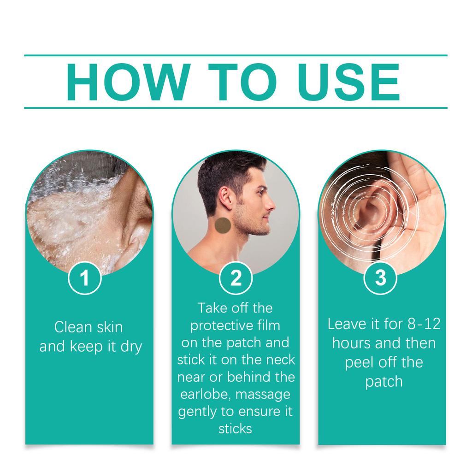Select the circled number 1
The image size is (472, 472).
pos(85,278)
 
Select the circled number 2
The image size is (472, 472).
pos(236,278)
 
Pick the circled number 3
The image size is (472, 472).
pos(380,278)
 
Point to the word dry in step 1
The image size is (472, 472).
pos(131,347)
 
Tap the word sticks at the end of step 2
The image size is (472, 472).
pos(235,429)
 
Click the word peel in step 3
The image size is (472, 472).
pos(360,362)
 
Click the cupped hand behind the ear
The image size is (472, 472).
pos(417,203)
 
